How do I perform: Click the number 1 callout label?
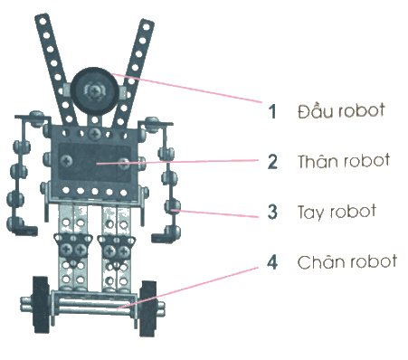point(272,111)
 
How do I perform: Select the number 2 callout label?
point(272,161)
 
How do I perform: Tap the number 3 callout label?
point(272,212)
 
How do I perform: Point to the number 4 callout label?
point(272,261)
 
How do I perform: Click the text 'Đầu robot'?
point(341,110)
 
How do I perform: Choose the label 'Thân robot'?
point(344,161)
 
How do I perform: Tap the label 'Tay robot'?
point(337,212)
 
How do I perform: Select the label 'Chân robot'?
point(346,261)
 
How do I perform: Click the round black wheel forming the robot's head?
point(94,91)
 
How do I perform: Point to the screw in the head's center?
point(95,90)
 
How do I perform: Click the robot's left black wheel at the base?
point(41,305)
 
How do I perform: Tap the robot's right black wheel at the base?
point(148,308)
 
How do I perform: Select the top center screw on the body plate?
point(95,134)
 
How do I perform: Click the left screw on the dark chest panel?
point(66,160)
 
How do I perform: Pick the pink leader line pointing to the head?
point(186,88)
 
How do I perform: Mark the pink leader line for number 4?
point(188,288)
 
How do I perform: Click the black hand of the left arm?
point(28,231)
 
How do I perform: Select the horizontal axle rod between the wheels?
point(92,305)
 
